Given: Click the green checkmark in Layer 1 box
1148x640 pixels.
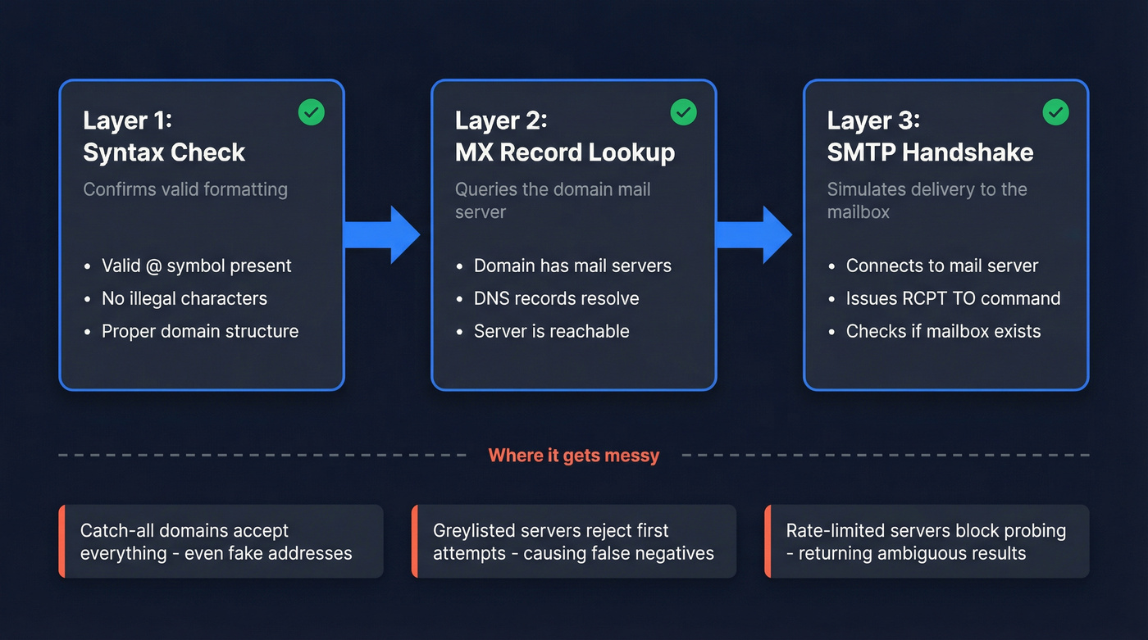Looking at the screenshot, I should pyautogui.click(x=312, y=112).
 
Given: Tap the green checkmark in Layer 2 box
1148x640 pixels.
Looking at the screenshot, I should pyautogui.click(x=683, y=112).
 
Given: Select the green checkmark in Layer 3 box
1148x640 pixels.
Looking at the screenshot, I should pyautogui.click(x=1055, y=112).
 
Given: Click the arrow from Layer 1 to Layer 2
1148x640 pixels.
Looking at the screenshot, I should pyautogui.click(x=382, y=235).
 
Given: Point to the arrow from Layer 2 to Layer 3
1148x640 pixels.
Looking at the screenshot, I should pyautogui.click(x=754, y=235).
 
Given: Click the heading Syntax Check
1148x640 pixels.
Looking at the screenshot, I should pyautogui.click(x=164, y=152).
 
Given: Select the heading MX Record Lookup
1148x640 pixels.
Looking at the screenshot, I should pyautogui.click(x=565, y=152).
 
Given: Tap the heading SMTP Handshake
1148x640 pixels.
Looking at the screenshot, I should pyautogui.click(x=930, y=152).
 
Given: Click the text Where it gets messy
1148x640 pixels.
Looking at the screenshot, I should pyautogui.click(x=573, y=455).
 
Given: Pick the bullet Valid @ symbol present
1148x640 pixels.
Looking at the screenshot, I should pyautogui.click(x=196, y=266).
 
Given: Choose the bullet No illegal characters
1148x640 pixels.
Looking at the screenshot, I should pyautogui.click(x=184, y=298).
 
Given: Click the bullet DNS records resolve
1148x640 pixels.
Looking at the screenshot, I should pyautogui.click(x=556, y=298).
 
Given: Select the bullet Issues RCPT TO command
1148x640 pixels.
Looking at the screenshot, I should pyautogui.click(x=953, y=298).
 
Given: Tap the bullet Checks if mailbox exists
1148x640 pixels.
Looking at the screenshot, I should pyautogui.click(x=943, y=331).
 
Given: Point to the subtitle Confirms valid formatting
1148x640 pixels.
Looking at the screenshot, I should pyautogui.click(x=185, y=189).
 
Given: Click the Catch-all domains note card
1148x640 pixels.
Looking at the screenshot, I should pyautogui.click(x=221, y=542).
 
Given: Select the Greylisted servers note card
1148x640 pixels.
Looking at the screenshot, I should pyautogui.click(x=574, y=542).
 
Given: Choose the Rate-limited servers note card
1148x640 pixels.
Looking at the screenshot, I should pyautogui.click(x=927, y=542).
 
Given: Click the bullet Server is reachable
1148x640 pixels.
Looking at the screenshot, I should pyautogui.click(x=551, y=331).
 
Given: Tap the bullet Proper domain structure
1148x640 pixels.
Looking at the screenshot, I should pyautogui.click(x=199, y=331).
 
